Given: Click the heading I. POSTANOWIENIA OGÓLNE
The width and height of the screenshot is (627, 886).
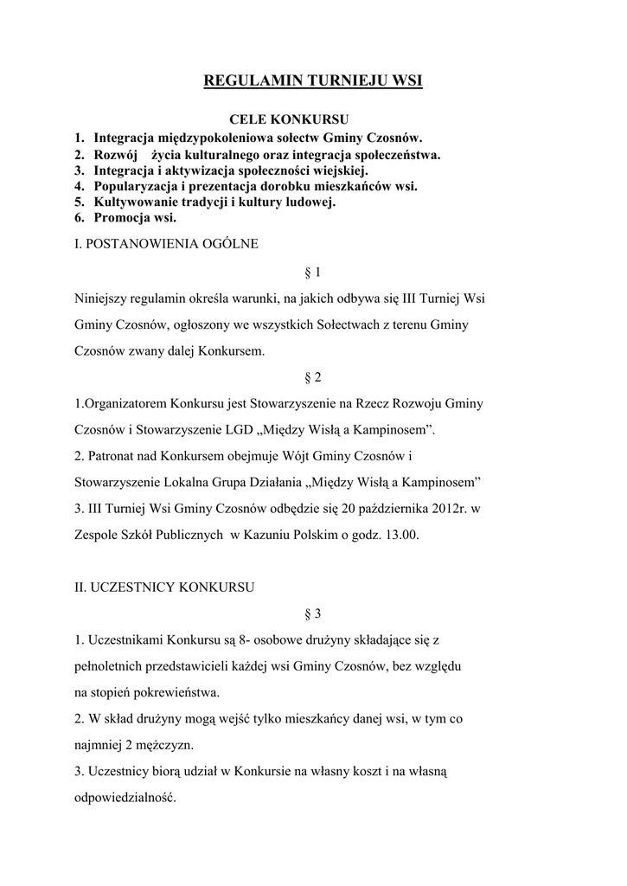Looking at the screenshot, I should (x=166, y=244).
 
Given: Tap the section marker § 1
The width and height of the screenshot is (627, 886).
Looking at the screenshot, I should (x=313, y=273).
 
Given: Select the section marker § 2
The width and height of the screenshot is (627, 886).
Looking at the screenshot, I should (x=313, y=377).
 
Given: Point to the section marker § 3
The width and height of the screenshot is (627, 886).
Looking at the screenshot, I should (x=313, y=613).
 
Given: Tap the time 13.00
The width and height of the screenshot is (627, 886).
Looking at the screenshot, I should (x=400, y=535).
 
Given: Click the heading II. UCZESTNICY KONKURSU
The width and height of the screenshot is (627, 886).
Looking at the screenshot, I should (x=163, y=587).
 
